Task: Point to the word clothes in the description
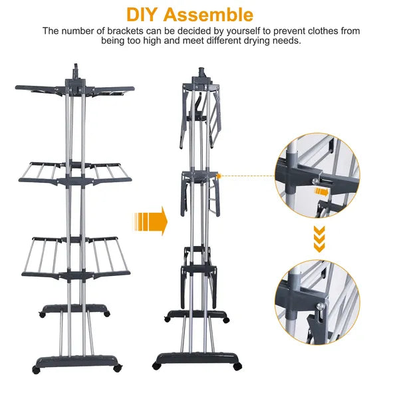coord(320,31)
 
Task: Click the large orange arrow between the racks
coord(150,220)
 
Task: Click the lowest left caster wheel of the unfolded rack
coord(37,366)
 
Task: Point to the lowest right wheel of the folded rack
coord(238,366)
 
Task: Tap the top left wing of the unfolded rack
coord(40,89)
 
